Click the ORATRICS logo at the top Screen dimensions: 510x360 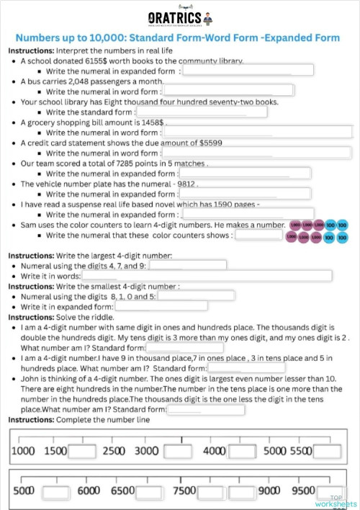(x=179, y=17)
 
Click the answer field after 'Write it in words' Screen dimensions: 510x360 (x=207, y=276)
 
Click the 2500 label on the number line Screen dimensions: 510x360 (x=114, y=451)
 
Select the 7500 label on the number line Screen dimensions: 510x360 (x=184, y=490)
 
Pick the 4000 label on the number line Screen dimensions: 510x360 (x=214, y=451)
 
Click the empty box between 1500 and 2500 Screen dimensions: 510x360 (x=82, y=452)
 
